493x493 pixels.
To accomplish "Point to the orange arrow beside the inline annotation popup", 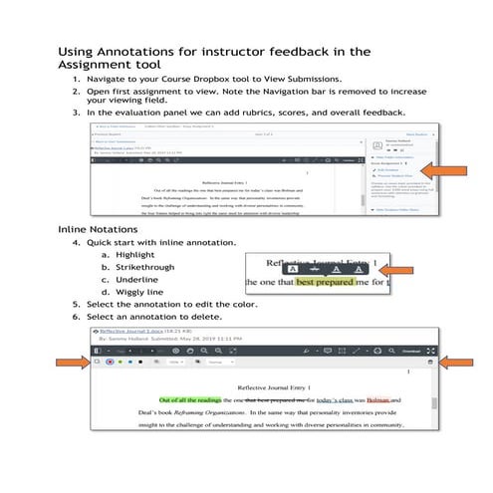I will (399, 270).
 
